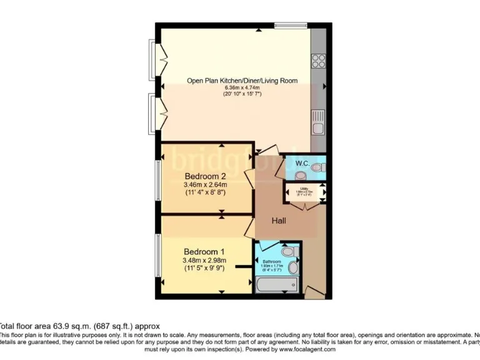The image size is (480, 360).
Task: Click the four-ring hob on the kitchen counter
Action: click(x=318, y=61)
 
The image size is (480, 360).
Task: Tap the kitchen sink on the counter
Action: click(x=319, y=122)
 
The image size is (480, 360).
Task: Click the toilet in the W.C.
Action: click(x=317, y=167)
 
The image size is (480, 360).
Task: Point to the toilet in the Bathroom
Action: click(x=288, y=251)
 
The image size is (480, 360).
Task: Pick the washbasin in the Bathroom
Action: click(x=294, y=267)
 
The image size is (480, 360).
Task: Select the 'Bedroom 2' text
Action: click(x=204, y=175)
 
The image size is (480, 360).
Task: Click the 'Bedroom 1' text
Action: click(x=204, y=251)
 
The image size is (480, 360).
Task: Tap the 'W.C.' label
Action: click(x=302, y=163)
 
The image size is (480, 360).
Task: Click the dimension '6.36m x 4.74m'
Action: click(x=242, y=87)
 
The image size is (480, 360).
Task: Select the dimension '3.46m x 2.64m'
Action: click(x=205, y=184)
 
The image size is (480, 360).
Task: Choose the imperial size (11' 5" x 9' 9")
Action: click(x=204, y=269)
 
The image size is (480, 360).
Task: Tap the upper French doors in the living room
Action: click(x=159, y=60)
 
